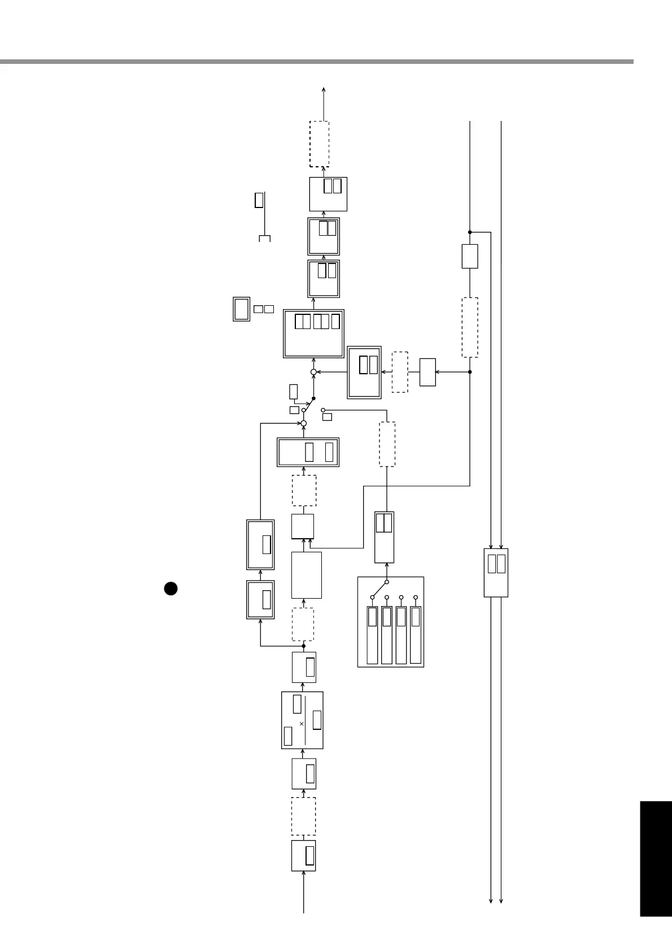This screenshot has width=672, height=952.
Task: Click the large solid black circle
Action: tap(171, 588)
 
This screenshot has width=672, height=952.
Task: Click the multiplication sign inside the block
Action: tap(302, 724)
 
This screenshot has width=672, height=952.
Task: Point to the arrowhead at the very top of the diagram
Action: tap(324, 89)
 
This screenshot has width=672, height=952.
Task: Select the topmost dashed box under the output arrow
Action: tap(319, 144)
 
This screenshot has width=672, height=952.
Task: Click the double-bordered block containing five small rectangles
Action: tap(313, 334)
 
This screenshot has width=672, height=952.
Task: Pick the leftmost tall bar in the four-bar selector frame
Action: tap(372, 635)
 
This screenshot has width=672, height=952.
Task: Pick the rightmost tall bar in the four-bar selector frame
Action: tap(416, 635)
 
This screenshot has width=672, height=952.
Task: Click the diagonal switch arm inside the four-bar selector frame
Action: tap(379, 589)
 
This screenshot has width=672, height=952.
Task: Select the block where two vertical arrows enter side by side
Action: tap(496, 572)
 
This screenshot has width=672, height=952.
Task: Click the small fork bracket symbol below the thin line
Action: tap(264, 239)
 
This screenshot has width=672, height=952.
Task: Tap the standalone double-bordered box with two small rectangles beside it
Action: tap(242, 309)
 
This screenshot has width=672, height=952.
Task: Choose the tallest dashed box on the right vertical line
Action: tap(470, 327)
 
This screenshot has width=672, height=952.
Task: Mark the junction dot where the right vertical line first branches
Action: tap(470, 232)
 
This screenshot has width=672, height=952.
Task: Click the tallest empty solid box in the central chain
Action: tap(307, 575)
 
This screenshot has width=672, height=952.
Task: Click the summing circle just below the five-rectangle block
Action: tap(313, 372)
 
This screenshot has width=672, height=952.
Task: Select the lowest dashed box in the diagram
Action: tap(303, 816)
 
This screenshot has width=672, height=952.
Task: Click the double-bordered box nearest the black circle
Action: tap(260, 599)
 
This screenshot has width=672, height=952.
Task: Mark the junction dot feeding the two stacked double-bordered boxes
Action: tap(303, 646)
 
